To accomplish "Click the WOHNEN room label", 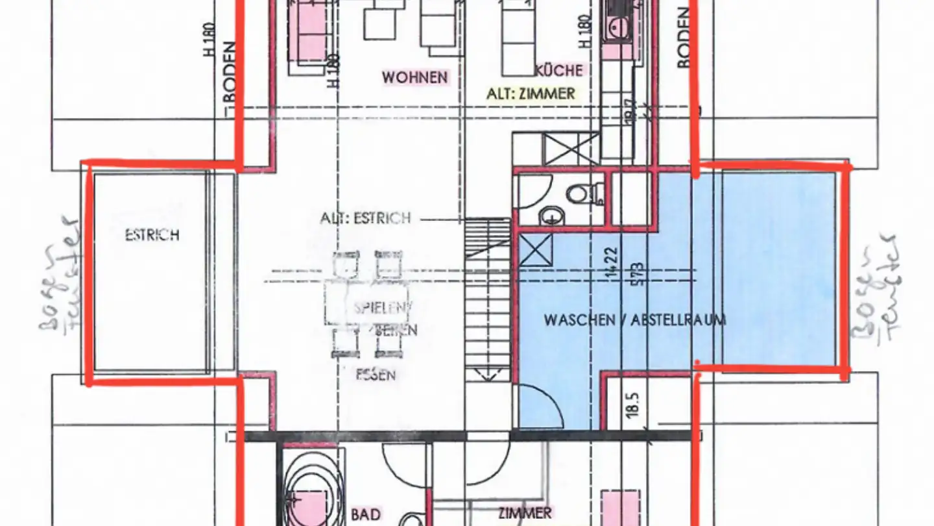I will pos(414,77).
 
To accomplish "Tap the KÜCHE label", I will pos(559,70).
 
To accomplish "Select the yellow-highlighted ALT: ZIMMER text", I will pos(531,94).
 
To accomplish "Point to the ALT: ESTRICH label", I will pos(365,218).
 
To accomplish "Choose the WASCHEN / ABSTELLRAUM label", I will pos(634,319).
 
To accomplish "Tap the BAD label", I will pos(366,514).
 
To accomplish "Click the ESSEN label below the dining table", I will pos(376,375).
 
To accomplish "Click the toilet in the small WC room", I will pos(583,193).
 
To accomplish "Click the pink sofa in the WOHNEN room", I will pos(311,32).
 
